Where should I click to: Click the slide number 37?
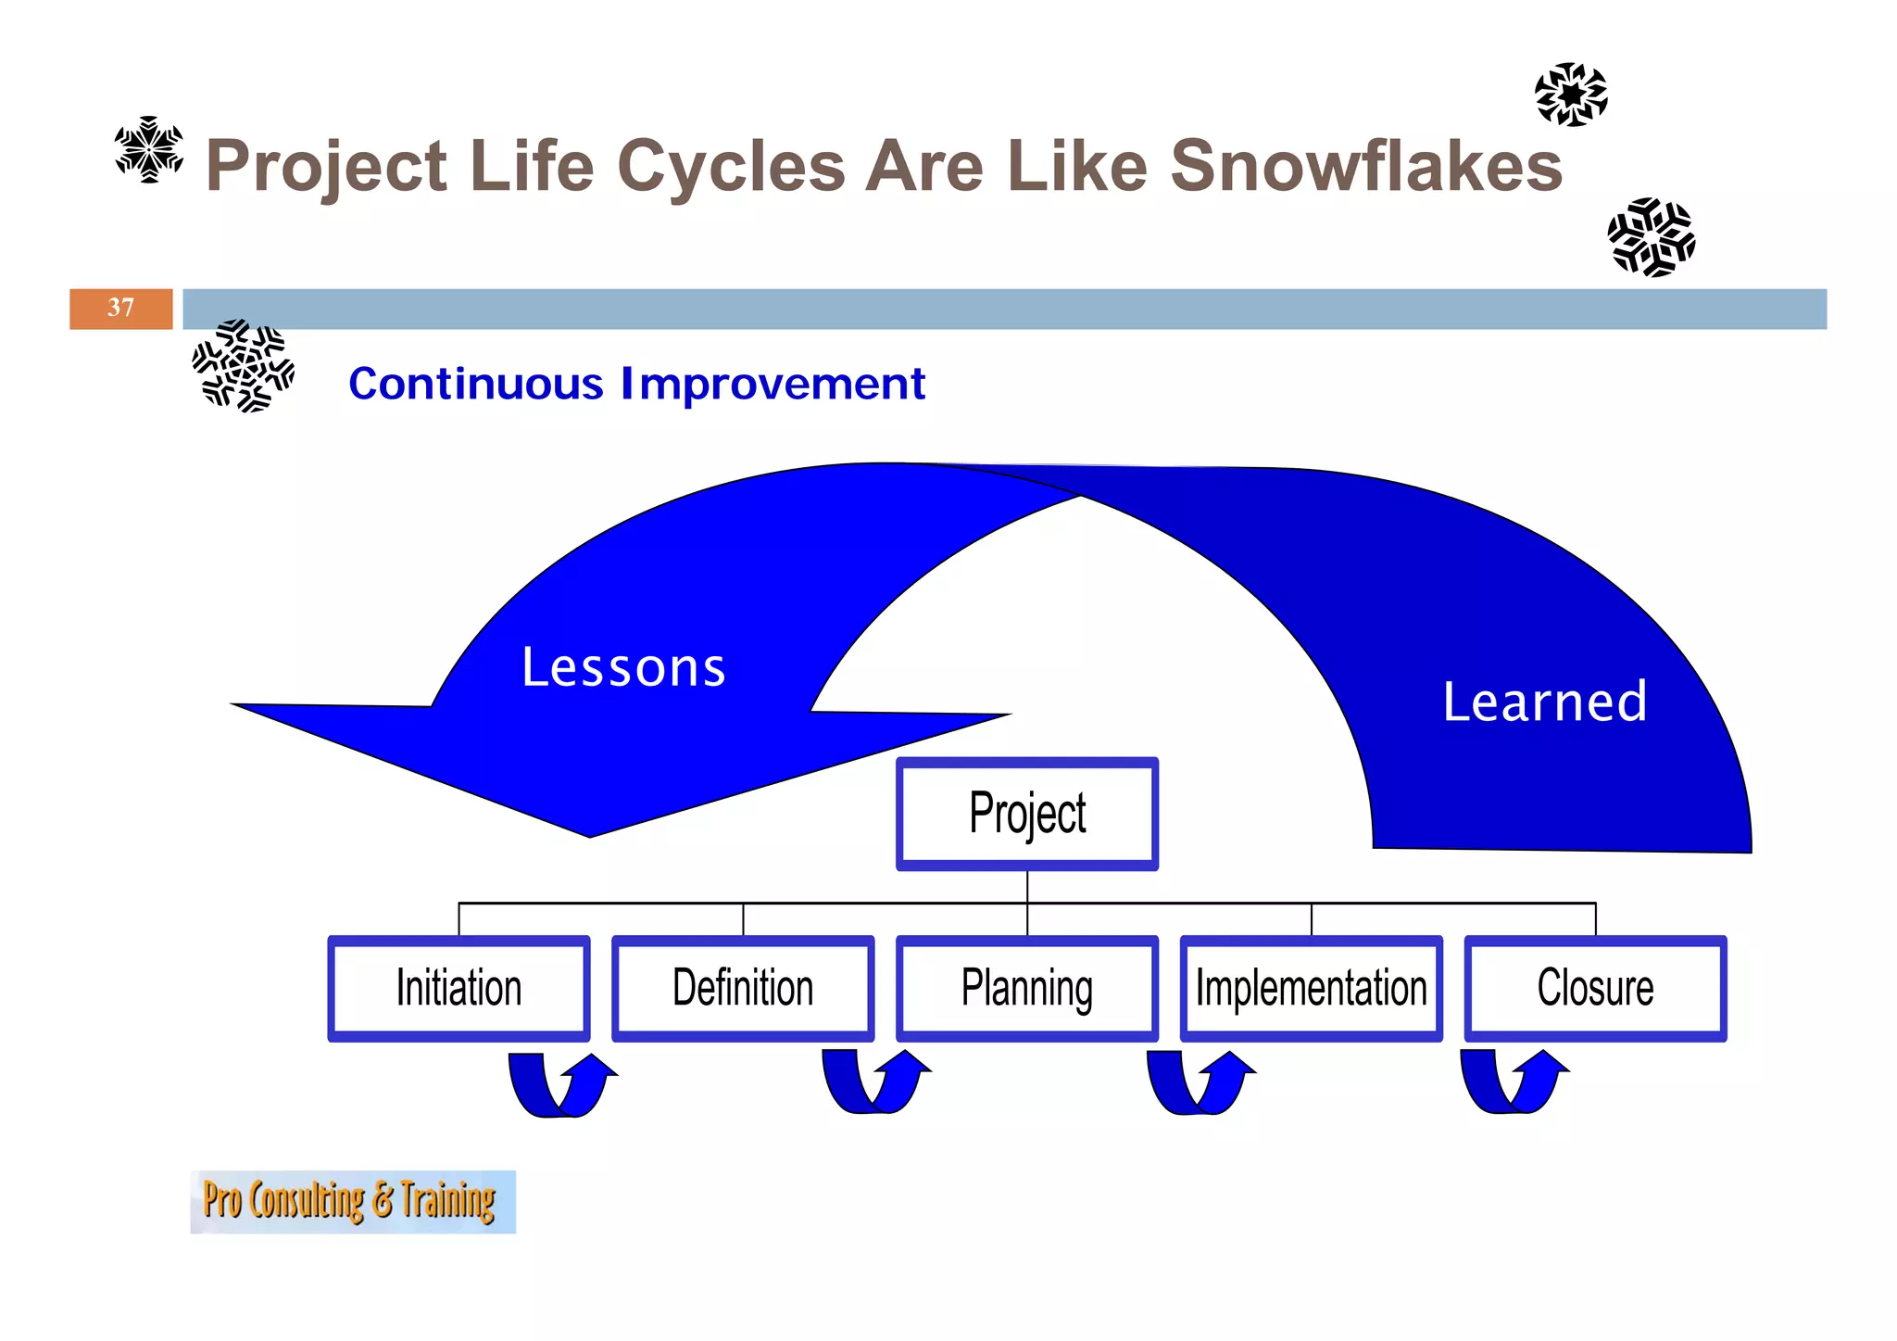[x=120, y=308]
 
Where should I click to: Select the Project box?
[x=1026, y=814]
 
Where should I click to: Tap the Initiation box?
[x=459, y=988]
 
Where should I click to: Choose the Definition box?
[x=743, y=988]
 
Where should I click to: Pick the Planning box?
[x=1026, y=988]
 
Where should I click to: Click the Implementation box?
[x=1311, y=988]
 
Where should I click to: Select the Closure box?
[x=1595, y=988]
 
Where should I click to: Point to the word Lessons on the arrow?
[x=623, y=667]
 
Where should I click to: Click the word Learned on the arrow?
[x=1545, y=702]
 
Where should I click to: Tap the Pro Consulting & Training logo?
[x=352, y=1201]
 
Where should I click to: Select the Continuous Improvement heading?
[x=636, y=384]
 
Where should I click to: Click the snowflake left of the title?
[x=148, y=149]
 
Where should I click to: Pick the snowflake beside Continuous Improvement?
[x=243, y=365]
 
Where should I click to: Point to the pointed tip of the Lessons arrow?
[x=589, y=834]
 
